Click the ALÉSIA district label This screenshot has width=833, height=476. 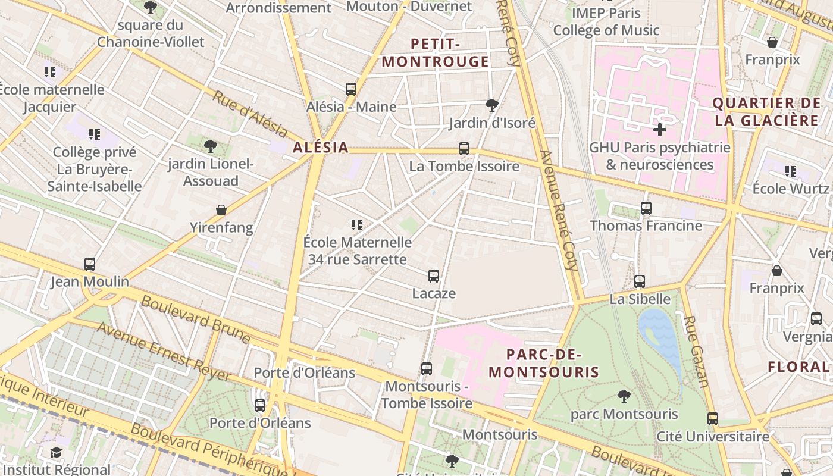320,148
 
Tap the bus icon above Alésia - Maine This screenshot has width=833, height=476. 351,89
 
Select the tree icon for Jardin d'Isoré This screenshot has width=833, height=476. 491,105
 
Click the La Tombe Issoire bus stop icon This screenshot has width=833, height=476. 464,149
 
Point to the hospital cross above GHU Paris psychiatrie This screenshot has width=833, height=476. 659,130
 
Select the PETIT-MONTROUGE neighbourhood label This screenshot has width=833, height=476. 436,53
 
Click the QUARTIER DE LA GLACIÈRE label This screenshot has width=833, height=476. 766,112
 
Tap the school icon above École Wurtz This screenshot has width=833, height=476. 790,171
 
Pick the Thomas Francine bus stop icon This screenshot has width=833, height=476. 646,208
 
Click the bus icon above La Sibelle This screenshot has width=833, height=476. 640,281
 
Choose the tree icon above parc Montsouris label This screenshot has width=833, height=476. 624,396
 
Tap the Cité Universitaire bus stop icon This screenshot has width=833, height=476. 713,419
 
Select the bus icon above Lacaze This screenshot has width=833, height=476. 434,276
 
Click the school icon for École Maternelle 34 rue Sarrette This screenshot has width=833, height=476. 357,225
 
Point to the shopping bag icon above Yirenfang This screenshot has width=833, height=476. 221,210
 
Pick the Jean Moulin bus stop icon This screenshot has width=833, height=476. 90,264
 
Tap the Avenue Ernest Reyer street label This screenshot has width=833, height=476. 164,352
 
